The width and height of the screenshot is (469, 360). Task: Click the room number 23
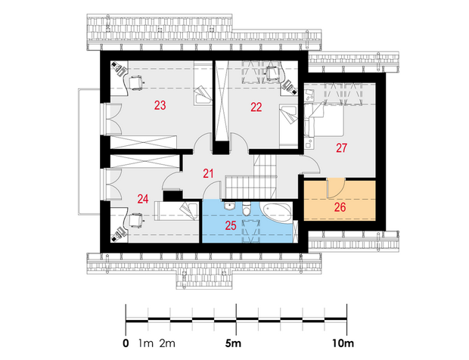point(160,105)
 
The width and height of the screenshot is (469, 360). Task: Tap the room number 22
point(256,107)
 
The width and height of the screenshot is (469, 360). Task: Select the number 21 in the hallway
point(208,173)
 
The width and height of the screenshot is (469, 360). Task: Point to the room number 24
point(143,199)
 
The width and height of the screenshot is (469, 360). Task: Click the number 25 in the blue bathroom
point(231,225)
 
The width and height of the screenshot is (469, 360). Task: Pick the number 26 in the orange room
point(340,207)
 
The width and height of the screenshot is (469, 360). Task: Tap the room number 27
point(341,147)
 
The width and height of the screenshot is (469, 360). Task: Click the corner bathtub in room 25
point(277,213)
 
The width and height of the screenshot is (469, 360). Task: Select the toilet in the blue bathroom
point(247,209)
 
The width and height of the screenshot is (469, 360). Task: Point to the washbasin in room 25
point(230,206)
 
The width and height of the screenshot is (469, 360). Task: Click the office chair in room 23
point(136,82)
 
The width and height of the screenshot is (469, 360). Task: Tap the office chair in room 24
point(136,221)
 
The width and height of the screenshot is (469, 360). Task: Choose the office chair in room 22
point(273,73)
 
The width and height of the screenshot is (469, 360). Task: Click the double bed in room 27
point(324,119)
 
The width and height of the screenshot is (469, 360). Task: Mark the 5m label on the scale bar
point(233,343)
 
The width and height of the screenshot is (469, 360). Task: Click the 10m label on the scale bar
point(343,343)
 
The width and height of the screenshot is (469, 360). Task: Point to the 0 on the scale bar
point(126,343)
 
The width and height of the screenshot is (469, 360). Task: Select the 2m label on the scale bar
point(167,343)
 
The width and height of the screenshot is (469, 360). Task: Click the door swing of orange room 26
point(336,188)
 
